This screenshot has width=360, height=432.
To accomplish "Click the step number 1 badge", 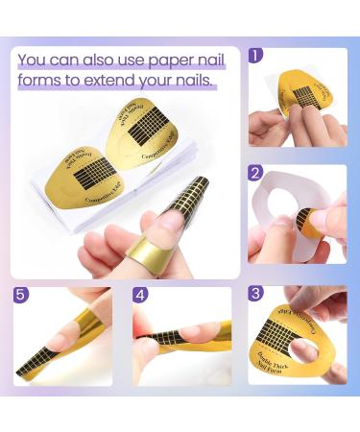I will (255, 55).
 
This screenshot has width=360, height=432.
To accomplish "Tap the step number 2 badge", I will (255, 173).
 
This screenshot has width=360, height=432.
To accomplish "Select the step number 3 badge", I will (255, 293).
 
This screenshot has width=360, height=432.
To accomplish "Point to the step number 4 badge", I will (139, 294).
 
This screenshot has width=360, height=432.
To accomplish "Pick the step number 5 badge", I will (20, 294).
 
